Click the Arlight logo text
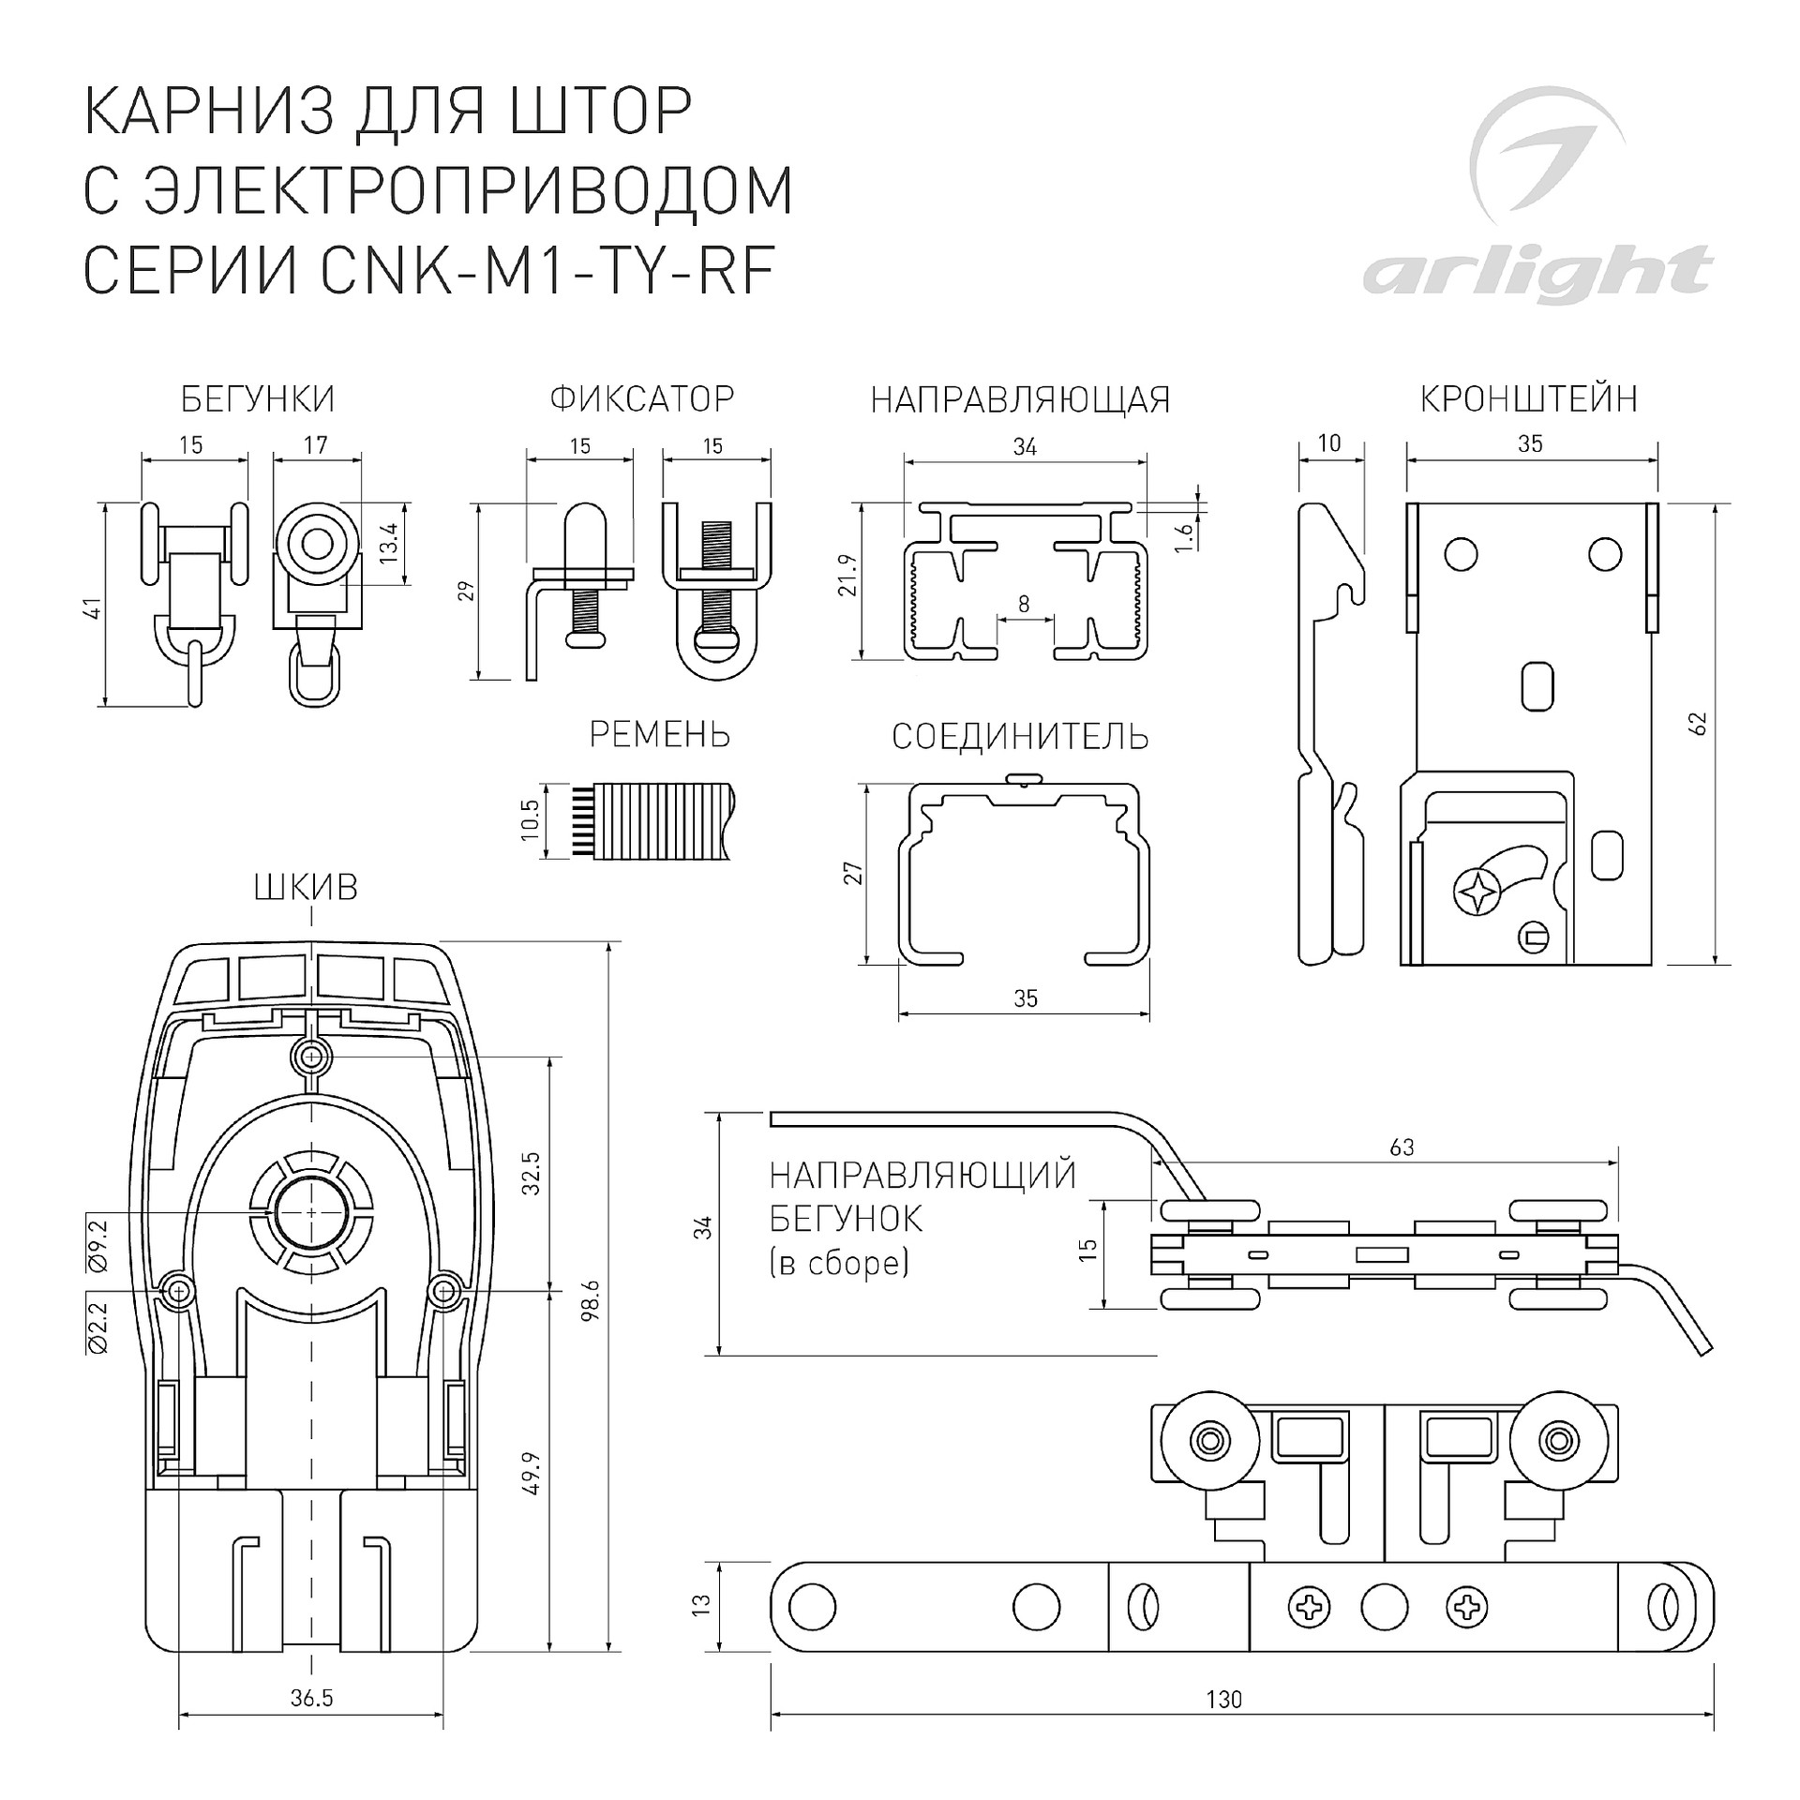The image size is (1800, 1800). pyautogui.click(x=1537, y=273)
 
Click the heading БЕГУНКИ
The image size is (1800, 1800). pyautogui.click(x=258, y=399)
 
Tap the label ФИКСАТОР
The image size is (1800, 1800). pyautogui.click(x=642, y=399)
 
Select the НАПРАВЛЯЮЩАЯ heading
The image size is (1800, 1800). pyautogui.click(x=1021, y=400)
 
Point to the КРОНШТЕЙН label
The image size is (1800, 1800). pyautogui.click(x=1529, y=399)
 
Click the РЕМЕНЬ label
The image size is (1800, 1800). pyautogui.click(x=660, y=735)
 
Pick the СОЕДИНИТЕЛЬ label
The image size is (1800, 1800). pyautogui.click(x=1020, y=738)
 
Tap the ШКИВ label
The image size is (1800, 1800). pyautogui.click(x=307, y=888)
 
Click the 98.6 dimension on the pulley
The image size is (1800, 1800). pyautogui.click(x=590, y=1301)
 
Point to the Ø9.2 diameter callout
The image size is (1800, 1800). pyautogui.click(x=97, y=1246)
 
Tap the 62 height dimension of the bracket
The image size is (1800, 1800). pyautogui.click(x=1698, y=725)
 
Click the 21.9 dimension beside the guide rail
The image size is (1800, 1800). pyautogui.click(x=848, y=575)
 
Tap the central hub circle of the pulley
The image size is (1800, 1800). pyautogui.click(x=310, y=1212)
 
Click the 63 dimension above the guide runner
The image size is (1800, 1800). pyautogui.click(x=1402, y=1147)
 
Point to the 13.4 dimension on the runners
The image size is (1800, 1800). pyautogui.click(x=390, y=542)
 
